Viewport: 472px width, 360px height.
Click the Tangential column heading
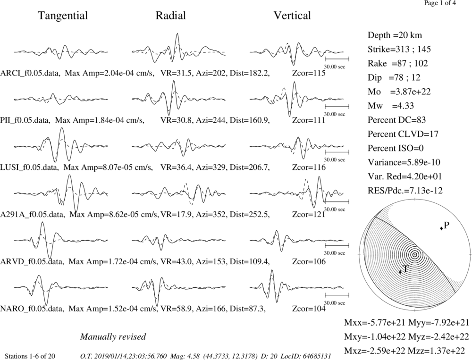[63, 16]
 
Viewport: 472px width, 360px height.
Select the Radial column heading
[171, 16]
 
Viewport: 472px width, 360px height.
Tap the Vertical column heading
[292, 16]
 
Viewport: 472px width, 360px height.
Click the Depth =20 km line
[395, 35]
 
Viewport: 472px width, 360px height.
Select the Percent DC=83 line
[396, 120]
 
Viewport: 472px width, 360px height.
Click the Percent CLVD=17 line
[403, 134]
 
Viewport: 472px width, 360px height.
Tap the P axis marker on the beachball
[442, 229]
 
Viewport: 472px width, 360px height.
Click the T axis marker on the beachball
[400, 272]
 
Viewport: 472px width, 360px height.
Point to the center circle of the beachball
[415, 255]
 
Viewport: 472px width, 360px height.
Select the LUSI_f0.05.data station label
[29, 167]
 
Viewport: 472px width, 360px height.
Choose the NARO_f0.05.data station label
[32, 309]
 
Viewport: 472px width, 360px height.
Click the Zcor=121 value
[309, 215]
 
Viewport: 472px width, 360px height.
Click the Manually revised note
[113, 336]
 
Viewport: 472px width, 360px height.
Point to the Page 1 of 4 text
[440, 3]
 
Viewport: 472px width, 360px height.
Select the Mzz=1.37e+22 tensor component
[438, 351]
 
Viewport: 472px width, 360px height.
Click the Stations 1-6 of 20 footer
[30, 356]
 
